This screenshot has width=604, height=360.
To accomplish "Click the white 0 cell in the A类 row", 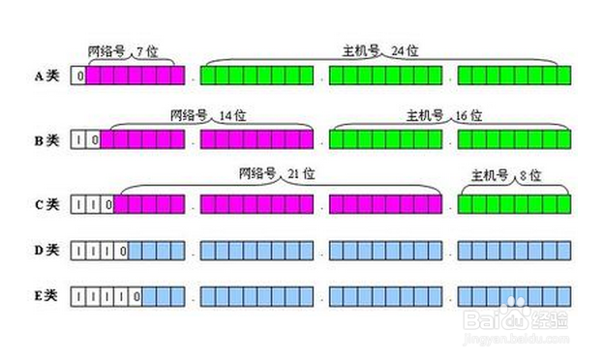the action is pos(78,75).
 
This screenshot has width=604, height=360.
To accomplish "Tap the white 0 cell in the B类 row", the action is pos(93,139).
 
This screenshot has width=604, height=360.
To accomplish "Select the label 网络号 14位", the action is pos(206,114).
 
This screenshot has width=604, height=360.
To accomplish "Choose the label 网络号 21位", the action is pos(276,174).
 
